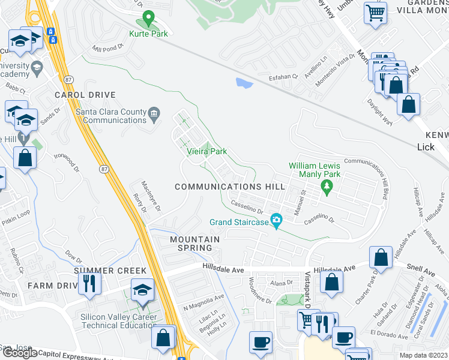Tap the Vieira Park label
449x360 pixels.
tap(205, 152)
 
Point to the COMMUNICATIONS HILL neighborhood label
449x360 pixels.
tap(230, 187)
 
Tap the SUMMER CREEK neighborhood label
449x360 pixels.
tap(110, 271)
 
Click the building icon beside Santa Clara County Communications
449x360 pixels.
tap(154, 113)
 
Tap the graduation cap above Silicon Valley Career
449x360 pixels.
tap(142, 290)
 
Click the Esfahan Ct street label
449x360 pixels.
tap(283, 77)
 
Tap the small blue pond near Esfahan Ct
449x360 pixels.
tap(244, 83)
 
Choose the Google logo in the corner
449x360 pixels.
tap(19, 353)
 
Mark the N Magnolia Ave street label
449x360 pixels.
tap(203, 296)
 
